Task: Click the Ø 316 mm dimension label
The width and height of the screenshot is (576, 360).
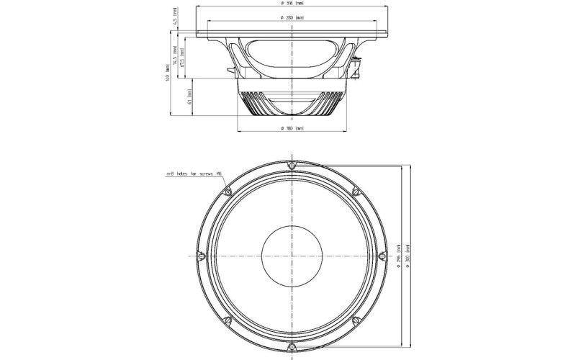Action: (x=292, y=4)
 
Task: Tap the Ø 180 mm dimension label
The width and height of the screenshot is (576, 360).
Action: (x=292, y=128)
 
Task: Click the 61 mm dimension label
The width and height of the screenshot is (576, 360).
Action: (x=189, y=96)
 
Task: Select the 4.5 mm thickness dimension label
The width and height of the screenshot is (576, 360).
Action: (x=175, y=14)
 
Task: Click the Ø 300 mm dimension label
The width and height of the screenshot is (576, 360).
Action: (x=408, y=256)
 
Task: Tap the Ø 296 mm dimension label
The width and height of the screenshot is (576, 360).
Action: (x=397, y=256)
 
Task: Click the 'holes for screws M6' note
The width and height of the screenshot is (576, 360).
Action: (x=194, y=174)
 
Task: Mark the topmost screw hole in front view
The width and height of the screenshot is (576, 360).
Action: (x=291, y=166)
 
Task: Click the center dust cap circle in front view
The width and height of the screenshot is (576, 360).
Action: (x=291, y=256)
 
